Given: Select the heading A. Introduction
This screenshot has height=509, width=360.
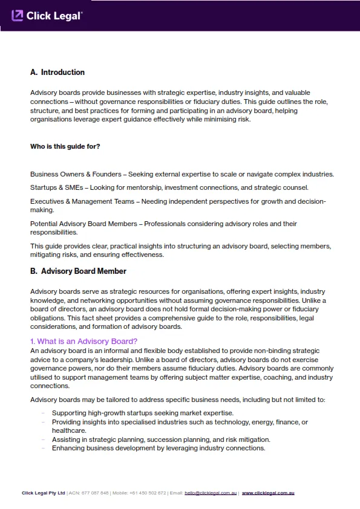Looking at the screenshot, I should click(57, 73).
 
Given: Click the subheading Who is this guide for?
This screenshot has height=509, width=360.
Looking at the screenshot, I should click(65, 146).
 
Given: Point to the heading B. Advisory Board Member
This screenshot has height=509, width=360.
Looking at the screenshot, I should click(78, 271).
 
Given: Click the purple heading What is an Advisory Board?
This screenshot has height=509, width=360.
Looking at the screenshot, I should click(84, 342).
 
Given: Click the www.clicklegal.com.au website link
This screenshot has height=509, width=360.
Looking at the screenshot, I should click(268, 493).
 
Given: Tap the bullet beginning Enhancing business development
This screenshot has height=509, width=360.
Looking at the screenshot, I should click(159, 448).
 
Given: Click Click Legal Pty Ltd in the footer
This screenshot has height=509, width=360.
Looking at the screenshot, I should click(43, 493).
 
